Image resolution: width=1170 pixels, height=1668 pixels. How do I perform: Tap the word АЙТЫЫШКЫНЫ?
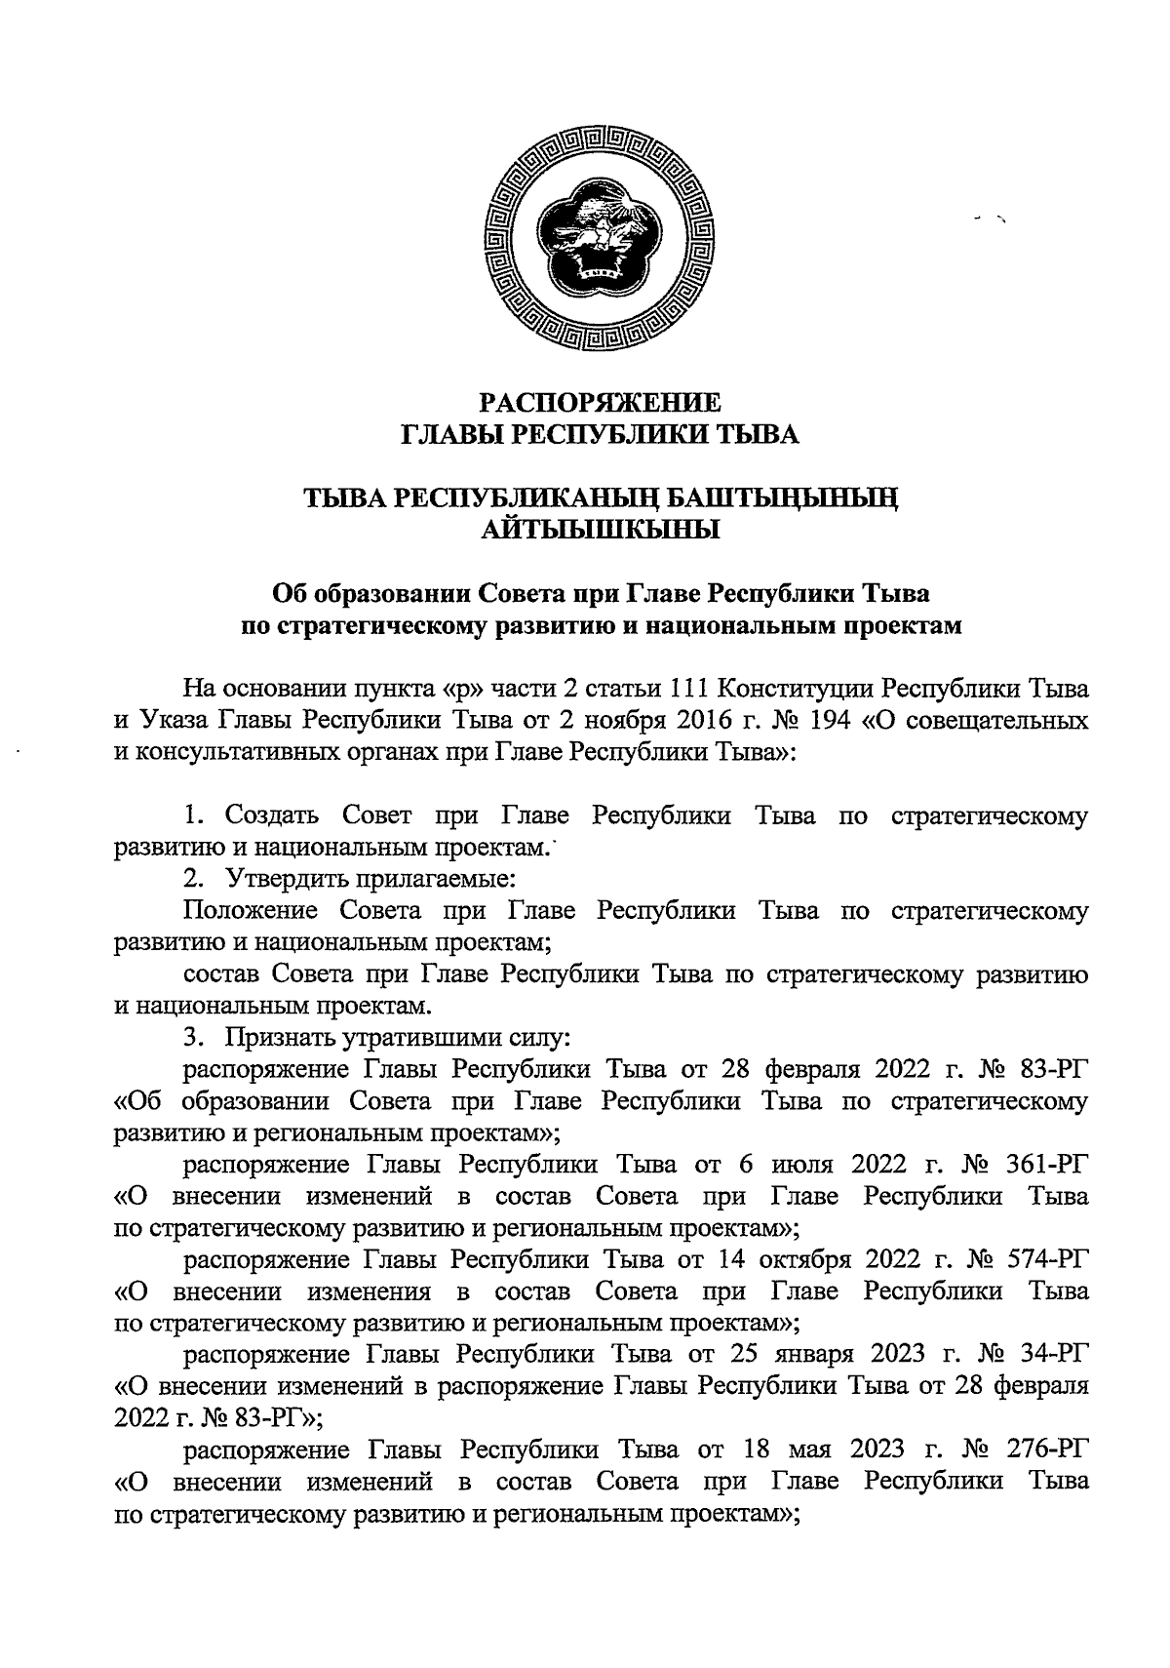pyautogui.click(x=601, y=531)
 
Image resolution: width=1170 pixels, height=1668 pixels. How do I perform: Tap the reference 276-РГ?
pyautogui.click(x=1043, y=1450)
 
